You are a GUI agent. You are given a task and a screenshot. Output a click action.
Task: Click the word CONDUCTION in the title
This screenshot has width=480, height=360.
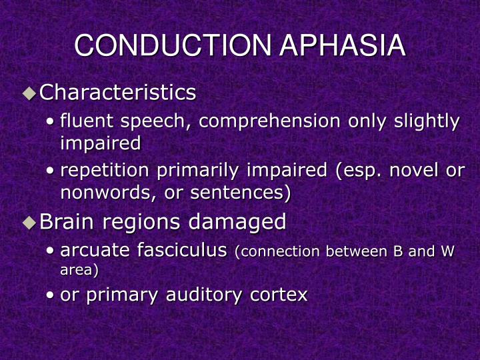click(173, 46)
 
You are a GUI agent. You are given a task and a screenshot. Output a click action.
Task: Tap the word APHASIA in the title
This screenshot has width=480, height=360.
click(342, 46)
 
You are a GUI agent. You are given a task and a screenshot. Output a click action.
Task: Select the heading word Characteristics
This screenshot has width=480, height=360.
click(117, 93)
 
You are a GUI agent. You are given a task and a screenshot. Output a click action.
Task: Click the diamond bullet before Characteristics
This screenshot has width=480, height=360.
click(29, 93)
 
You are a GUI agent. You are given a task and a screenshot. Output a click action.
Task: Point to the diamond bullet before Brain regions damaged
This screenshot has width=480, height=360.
click(29, 223)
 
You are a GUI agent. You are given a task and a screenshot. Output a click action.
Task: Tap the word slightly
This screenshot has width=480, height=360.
click(427, 121)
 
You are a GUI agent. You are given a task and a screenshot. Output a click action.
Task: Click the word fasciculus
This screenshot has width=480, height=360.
click(181, 251)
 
